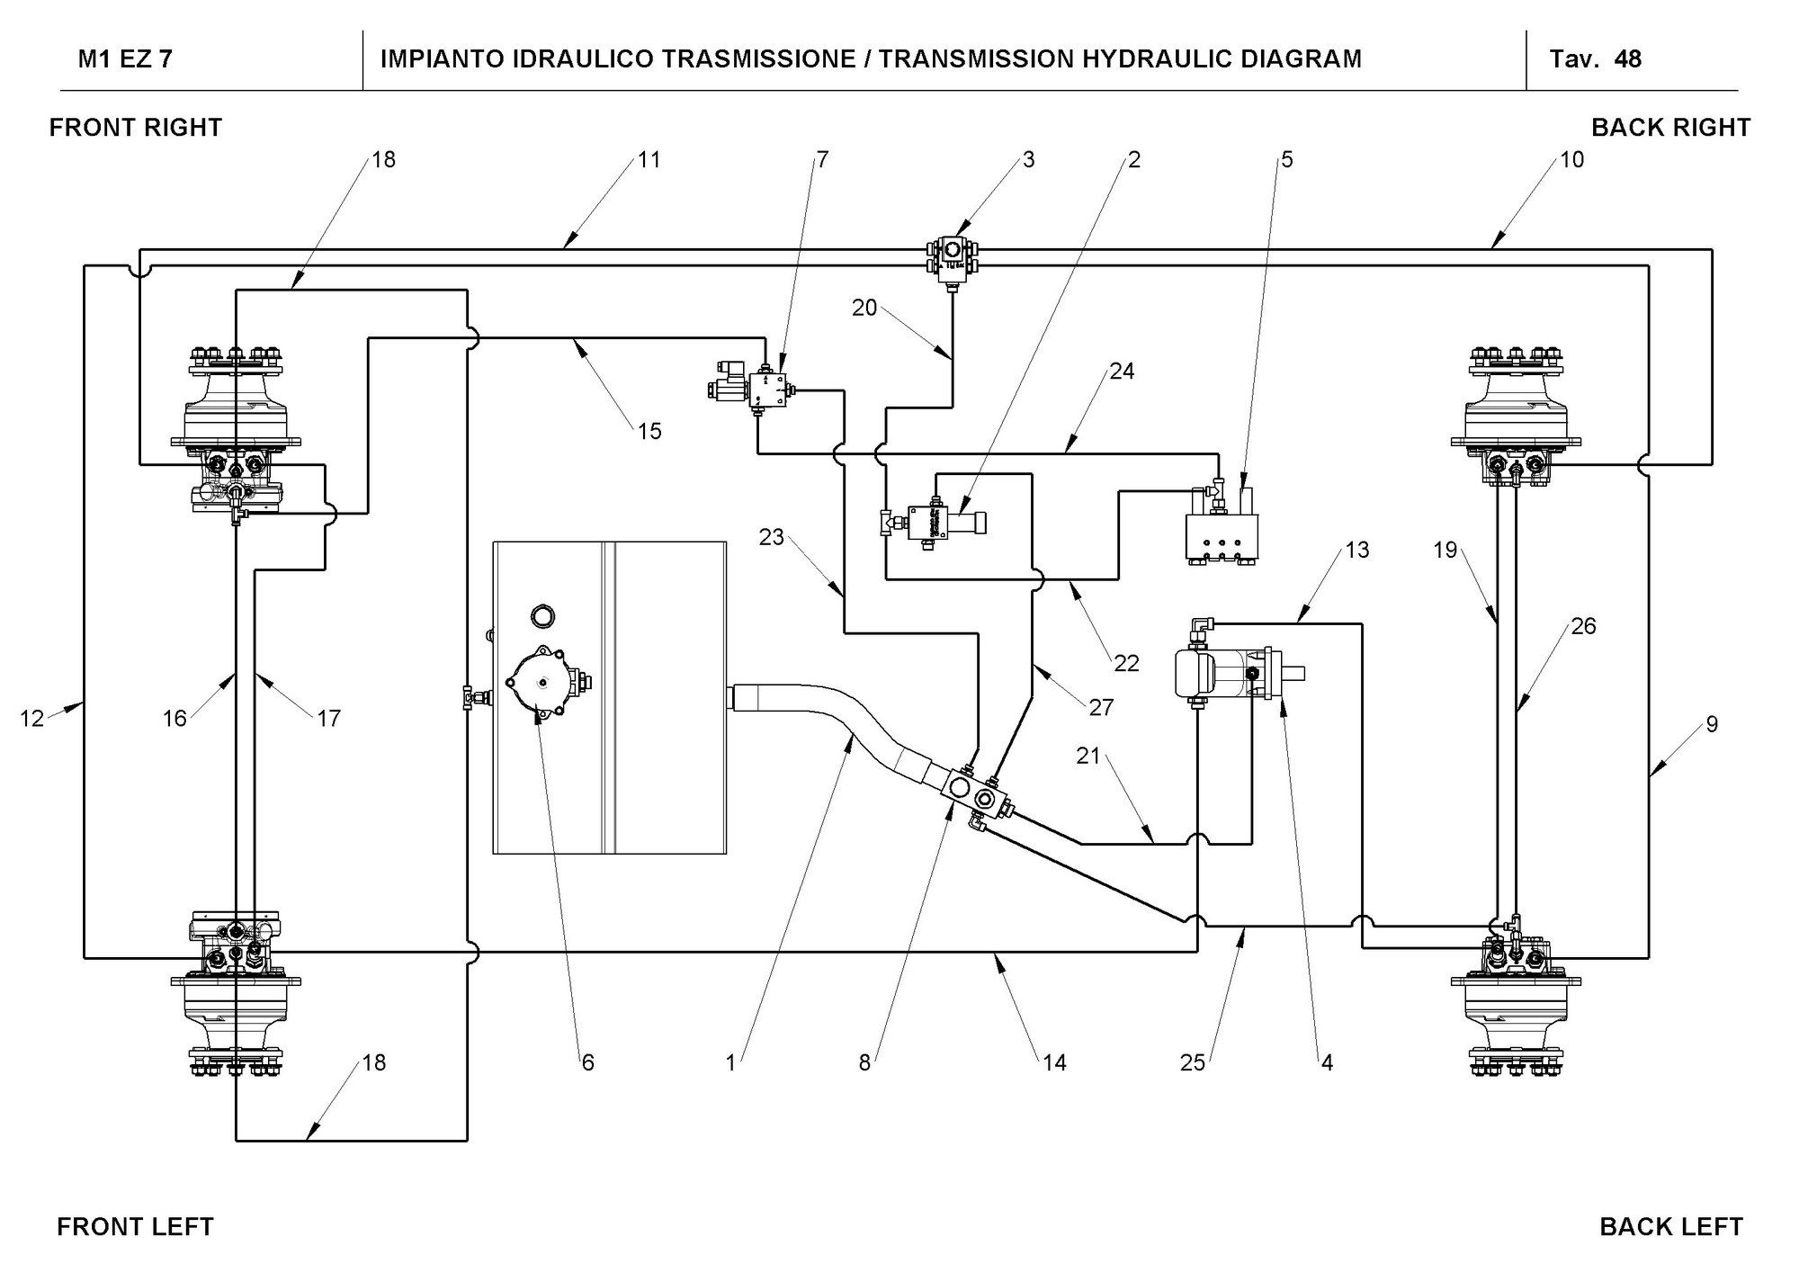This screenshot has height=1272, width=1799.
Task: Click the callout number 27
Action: pos(1101,708)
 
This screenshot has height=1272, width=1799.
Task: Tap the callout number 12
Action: pos(31,718)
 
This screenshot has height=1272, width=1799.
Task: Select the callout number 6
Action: pos(587,1062)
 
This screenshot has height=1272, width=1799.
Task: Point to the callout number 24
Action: pos(1122,371)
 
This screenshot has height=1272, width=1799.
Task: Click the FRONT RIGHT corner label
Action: pos(136,128)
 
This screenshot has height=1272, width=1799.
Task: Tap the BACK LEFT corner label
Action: pos(1671,1227)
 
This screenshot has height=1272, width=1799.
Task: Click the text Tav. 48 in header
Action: pos(1596,59)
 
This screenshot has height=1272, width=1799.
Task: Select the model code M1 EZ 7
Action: pos(126,59)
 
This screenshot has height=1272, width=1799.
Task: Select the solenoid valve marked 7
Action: pos(755,388)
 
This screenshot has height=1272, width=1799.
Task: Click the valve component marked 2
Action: pos(935,521)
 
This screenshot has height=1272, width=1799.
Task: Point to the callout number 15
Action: pos(649,431)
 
